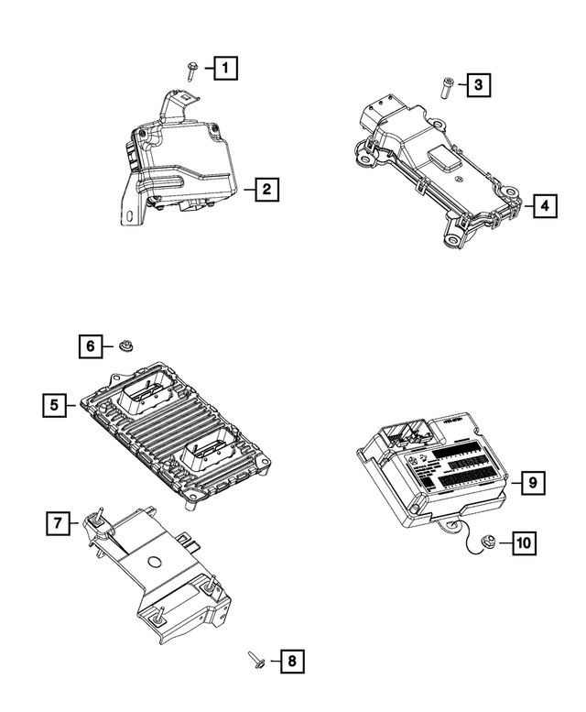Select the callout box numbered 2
click(x=265, y=190)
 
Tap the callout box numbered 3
click(x=477, y=85)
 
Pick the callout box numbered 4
click(x=544, y=205)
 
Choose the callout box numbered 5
click(x=55, y=404)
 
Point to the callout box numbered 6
click(x=90, y=345)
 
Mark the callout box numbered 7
click(x=57, y=523)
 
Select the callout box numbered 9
click(x=529, y=482)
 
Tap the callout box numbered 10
click(x=523, y=542)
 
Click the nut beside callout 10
click(x=488, y=543)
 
